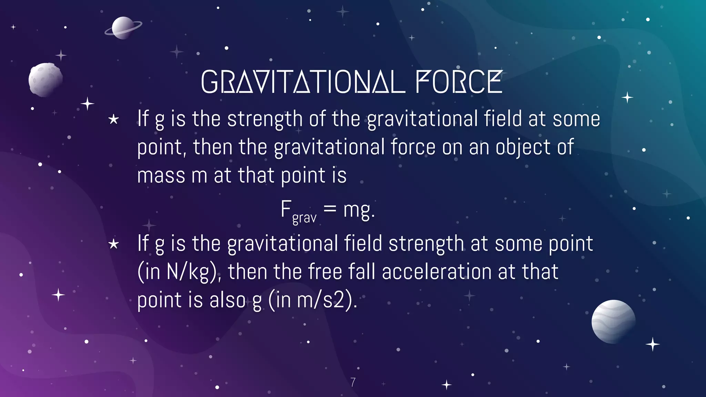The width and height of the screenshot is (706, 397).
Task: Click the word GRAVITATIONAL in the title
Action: coord(302,82)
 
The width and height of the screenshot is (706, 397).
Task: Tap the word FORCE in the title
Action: coord(459,82)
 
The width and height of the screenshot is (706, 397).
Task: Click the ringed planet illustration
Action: coord(123,28)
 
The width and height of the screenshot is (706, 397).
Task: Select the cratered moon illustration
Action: coord(46,79)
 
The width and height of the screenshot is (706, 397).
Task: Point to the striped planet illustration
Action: coord(613,321)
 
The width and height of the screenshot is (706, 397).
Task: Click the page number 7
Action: coord(353,382)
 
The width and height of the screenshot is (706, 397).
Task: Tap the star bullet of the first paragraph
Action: coord(113,120)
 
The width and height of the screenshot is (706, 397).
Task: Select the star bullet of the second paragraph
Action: coord(113,244)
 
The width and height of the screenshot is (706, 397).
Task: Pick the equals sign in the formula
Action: coord(330,208)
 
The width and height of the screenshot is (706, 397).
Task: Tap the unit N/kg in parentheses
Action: coord(188,272)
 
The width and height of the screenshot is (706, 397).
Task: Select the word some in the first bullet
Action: coord(576,119)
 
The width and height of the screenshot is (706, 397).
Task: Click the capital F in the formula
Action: coord(286,208)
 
